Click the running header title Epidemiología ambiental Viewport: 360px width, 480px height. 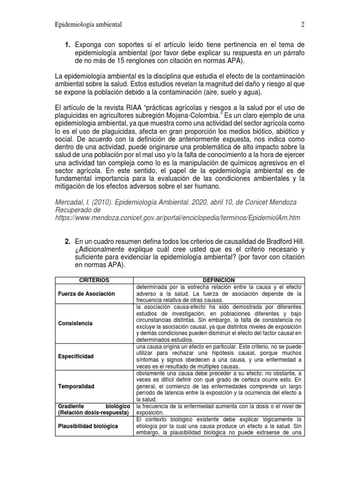tap(89, 24)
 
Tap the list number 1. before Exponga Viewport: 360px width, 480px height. tap(68, 45)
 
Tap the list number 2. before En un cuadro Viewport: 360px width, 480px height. tap(68, 241)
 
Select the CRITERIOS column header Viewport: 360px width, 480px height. tap(94, 280)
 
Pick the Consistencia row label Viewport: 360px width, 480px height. tap(75, 323)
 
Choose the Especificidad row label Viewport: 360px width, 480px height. tap(76, 356)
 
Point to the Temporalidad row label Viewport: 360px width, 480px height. tap(76, 386)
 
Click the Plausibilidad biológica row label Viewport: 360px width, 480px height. tap(88, 426)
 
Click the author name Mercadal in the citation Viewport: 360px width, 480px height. tap(70, 202)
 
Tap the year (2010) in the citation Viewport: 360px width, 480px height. tap(104, 202)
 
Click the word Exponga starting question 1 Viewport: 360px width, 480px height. tap(91, 45)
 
